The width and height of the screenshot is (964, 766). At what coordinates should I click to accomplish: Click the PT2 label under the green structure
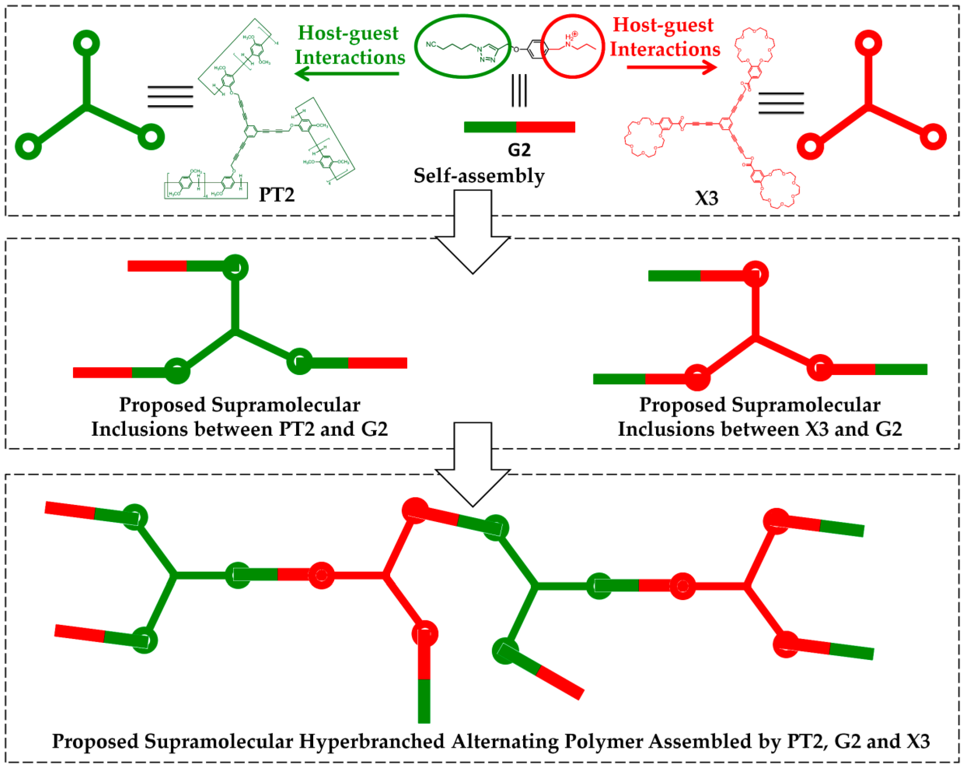tap(277, 194)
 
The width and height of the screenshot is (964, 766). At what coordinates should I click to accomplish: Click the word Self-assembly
tap(479, 176)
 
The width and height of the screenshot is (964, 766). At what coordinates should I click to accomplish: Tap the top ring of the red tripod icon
tap(868, 43)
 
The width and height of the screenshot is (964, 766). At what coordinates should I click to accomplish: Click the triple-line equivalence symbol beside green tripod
tap(170, 97)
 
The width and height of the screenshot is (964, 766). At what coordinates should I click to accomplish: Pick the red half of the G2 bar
tap(546, 127)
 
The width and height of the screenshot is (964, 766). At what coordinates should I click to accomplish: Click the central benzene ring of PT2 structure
tap(251, 131)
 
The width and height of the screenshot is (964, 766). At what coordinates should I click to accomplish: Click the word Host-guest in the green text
tap(348, 33)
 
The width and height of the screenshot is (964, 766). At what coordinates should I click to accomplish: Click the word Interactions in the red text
tap(665, 49)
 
